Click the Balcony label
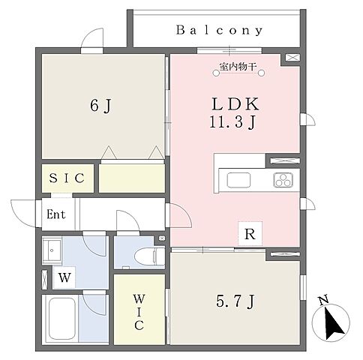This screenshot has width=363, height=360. click(219, 30)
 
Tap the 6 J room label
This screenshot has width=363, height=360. click(100, 106)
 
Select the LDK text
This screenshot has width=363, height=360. click(235, 104)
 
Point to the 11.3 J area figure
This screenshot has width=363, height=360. click(233, 122)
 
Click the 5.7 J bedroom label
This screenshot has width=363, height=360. click(235, 301)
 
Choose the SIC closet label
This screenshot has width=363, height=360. click(67, 178)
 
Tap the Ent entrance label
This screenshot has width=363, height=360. click(56, 214)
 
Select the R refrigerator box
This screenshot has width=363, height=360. click(250, 234)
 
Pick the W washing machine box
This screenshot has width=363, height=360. click(64, 277)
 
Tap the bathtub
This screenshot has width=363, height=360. click(62, 319)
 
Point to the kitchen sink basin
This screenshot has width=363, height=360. click(238, 180)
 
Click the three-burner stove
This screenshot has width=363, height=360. click(283, 180)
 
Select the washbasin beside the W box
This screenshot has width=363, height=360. click(52, 250)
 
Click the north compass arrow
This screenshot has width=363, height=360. click(333, 323)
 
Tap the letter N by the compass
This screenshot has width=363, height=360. click(323, 300)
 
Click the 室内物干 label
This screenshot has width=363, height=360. click(238, 67)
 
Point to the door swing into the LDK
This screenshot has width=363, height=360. click(184, 212)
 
